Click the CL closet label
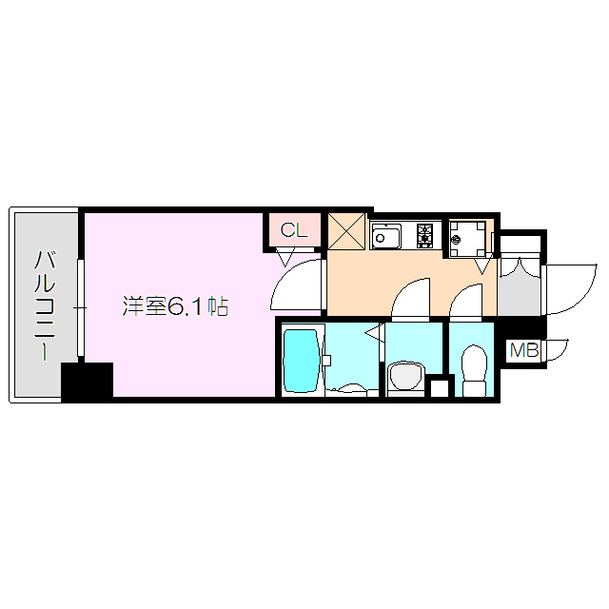point(294,229)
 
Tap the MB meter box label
point(523,350)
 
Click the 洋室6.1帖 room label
point(174,306)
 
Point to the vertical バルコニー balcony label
point(44,304)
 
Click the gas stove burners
point(422,235)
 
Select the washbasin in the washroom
point(407,377)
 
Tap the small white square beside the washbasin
point(439,387)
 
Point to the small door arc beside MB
point(556,349)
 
